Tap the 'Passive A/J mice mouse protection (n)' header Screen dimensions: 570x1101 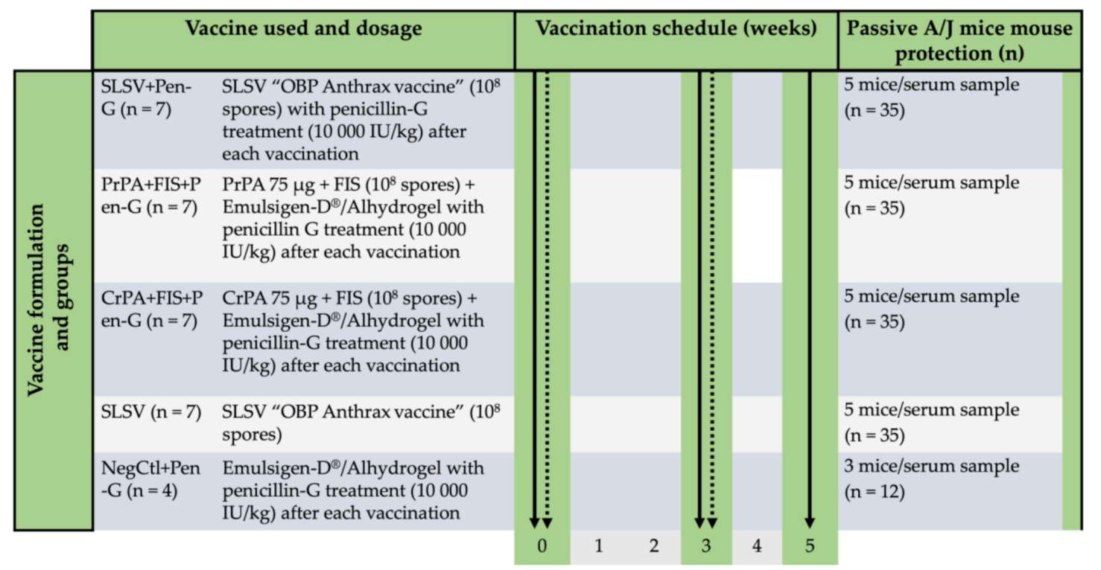(959, 41)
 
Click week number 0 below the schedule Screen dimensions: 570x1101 (542, 546)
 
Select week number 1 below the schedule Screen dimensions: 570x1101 (598, 546)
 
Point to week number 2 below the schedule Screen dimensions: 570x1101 (653, 546)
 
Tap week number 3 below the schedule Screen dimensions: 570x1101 (706, 546)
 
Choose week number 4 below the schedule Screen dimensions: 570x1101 (757, 546)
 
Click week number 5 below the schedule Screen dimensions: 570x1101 (810, 546)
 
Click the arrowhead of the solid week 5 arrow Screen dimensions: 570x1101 (810, 522)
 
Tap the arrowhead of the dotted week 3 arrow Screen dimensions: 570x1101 (713, 522)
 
